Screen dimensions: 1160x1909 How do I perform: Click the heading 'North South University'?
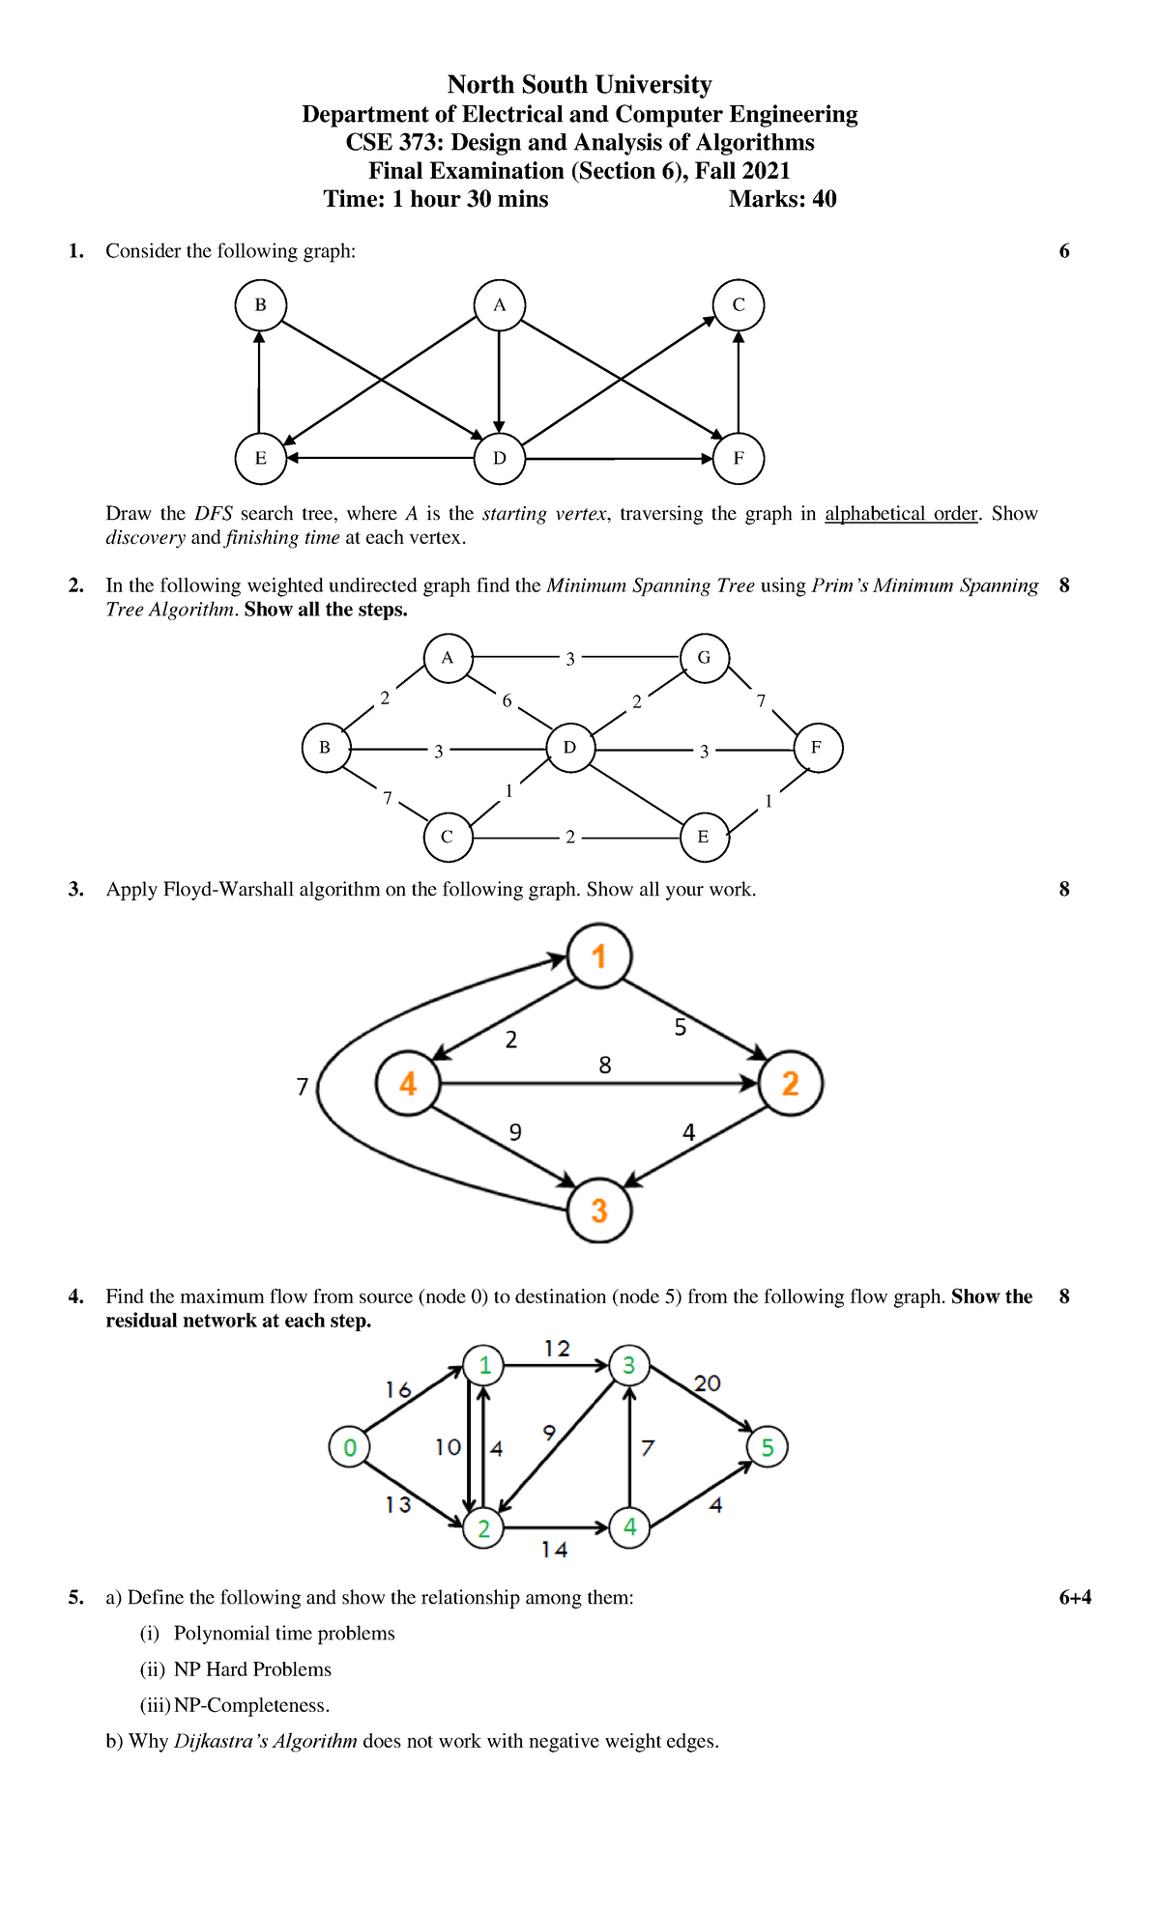[579, 85]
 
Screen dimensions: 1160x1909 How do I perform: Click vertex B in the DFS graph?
[260, 305]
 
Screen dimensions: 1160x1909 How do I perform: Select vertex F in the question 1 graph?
[739, 458]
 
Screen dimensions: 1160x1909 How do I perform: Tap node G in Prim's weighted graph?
[704, 658]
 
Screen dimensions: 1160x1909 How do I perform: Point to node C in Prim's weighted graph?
[448, 837]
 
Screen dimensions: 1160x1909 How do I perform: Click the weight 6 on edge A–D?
[507, 700]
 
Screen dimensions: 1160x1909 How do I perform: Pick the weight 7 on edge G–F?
[761, 700]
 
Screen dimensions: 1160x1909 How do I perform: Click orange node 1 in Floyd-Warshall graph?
[599, 956]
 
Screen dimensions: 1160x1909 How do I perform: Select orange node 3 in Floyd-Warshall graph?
[599, 1211]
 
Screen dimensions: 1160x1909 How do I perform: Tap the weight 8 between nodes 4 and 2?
[605, 1066]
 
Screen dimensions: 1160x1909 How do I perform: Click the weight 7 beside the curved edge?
[303, 1087]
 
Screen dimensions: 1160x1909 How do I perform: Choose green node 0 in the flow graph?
[350, 1447]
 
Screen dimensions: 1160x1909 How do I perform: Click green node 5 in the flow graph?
[768, 1447]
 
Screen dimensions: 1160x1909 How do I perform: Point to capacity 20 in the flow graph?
[708, 1383]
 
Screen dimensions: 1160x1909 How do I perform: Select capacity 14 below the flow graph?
[555, 1550]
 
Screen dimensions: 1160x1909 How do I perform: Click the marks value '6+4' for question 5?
[1075, 1598]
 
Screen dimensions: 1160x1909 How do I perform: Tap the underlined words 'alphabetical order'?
[901, 514]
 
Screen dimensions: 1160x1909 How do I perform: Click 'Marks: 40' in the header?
[782, 200]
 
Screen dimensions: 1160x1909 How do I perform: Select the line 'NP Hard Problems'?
[252, 1669]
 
